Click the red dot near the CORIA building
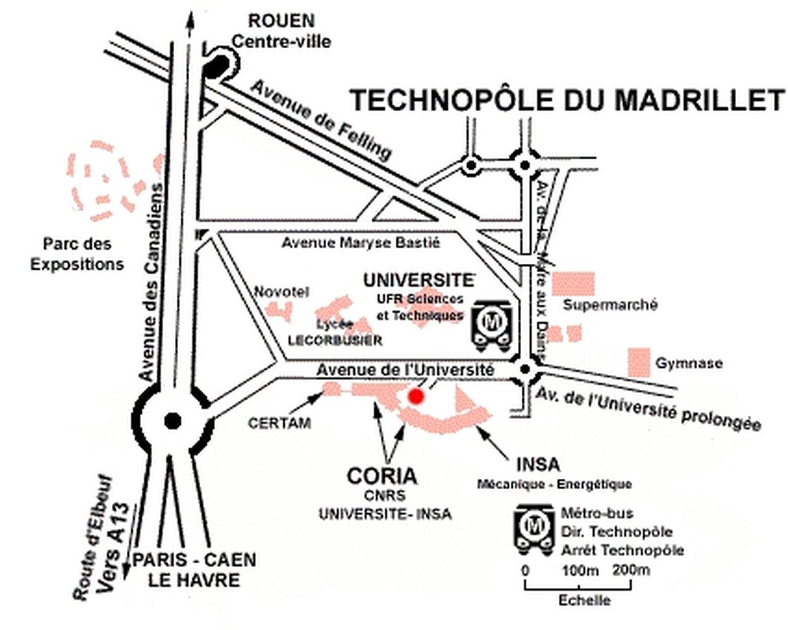click(417, 397)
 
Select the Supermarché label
click(610, 305)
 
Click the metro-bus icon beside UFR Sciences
click(491, 324)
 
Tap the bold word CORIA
click(383, 475)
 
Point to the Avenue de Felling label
click(320, 119)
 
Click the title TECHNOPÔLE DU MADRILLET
click(566, 99)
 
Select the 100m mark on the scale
click(580, 570)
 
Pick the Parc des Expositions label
click(77, 253)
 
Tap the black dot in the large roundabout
click(173, 421)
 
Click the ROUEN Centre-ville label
click(281, 30)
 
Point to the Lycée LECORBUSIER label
click(336, 333)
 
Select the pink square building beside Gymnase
click(638, 362)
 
